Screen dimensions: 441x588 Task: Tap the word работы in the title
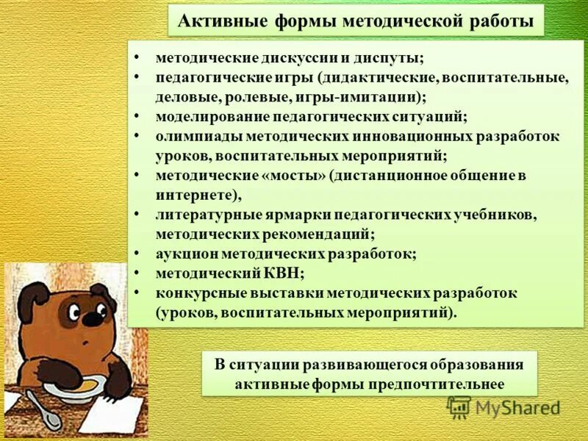[x=502, y=21]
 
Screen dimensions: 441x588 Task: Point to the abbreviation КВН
[x=281, y=273]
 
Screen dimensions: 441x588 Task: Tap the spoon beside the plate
[x=44, y=412]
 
